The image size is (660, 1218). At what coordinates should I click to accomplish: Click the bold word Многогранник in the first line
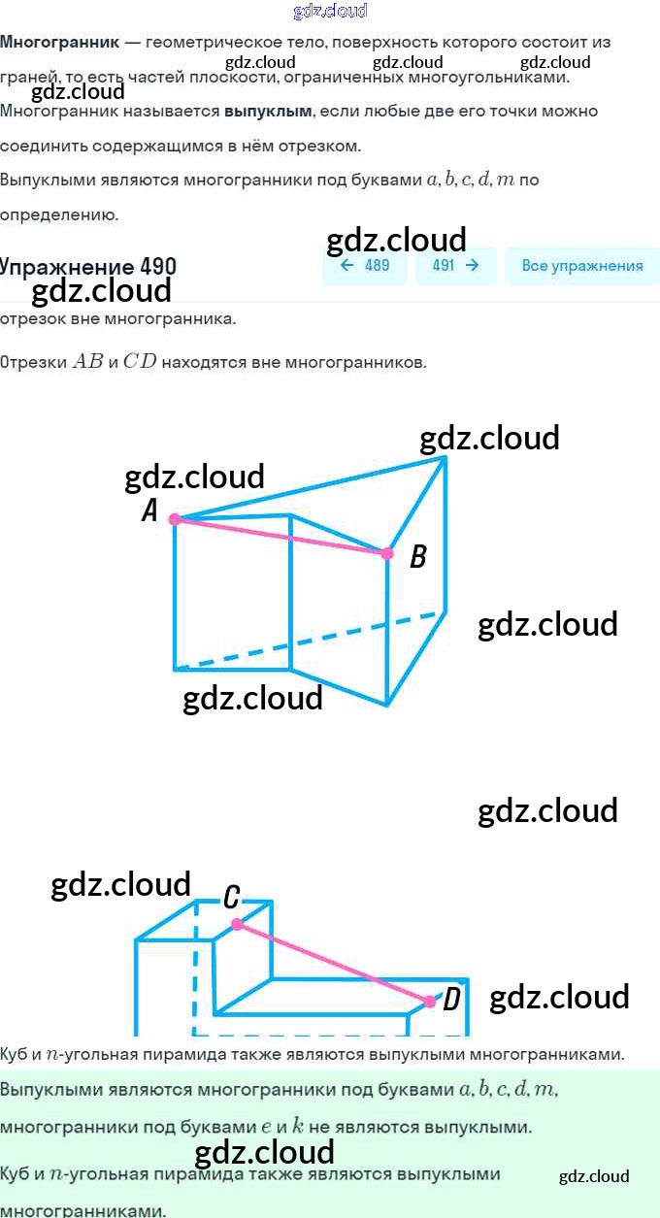60,43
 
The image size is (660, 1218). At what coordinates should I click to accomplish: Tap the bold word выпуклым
268,111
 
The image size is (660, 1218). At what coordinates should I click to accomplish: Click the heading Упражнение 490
87,267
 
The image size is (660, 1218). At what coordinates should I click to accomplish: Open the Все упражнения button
582,266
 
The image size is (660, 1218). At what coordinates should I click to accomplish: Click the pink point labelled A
175,519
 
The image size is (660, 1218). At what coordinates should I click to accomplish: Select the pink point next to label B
387,553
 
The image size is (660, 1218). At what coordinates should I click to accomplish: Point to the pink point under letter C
237,924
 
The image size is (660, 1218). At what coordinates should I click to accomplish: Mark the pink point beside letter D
430,1001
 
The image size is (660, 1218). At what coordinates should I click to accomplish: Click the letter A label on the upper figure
149,510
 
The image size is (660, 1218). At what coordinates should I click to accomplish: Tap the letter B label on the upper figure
418,557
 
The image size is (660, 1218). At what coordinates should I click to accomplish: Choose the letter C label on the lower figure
231,898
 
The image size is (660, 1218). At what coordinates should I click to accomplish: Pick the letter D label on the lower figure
451,1000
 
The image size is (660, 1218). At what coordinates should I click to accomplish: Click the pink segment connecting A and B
281,537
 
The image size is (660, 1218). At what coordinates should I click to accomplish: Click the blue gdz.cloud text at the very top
330,11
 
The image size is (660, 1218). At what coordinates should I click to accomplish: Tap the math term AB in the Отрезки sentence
87,363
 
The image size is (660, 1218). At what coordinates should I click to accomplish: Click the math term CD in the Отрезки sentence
140,363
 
